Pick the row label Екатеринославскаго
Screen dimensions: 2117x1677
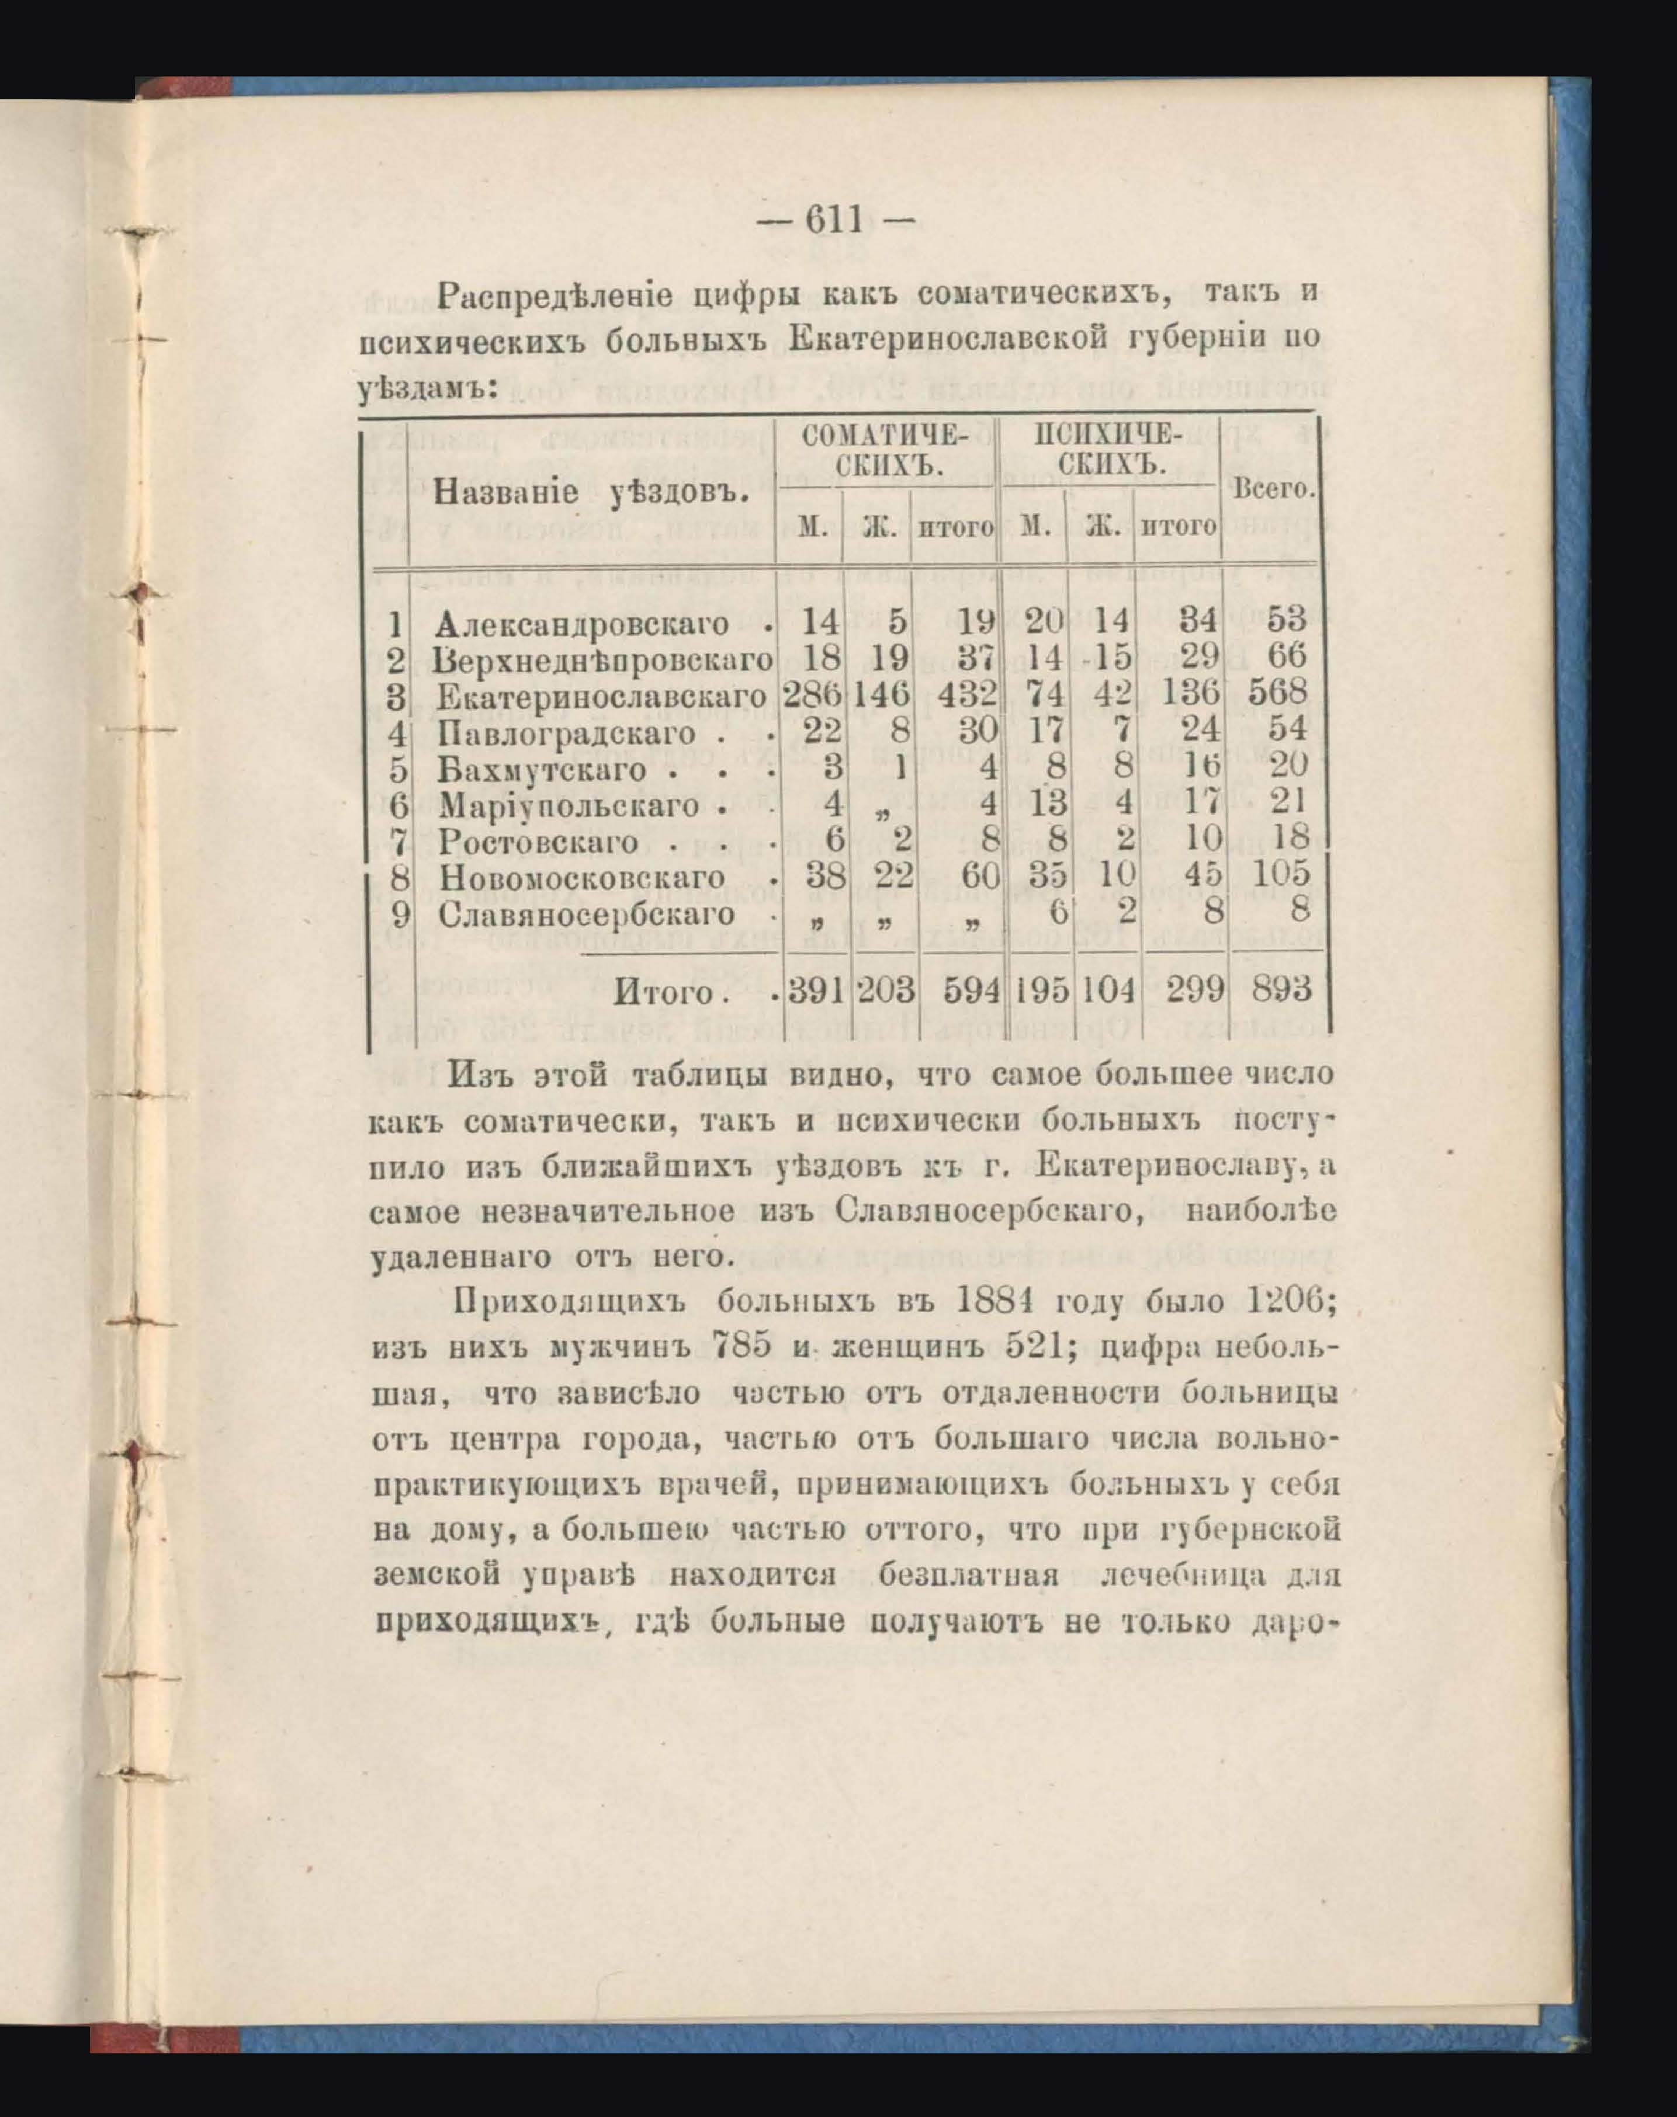point(601,697)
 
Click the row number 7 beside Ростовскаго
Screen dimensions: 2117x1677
point(399,841)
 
